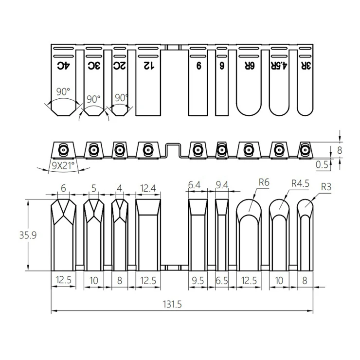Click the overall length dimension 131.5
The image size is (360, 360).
tap(172, 304)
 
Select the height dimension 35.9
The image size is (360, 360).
tap(28, 235)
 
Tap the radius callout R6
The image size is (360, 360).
tap(264, 182)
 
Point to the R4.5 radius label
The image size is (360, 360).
tap(300, 183)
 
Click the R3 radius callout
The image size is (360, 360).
tap(326, 187)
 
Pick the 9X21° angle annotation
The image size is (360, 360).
tap(63, 165)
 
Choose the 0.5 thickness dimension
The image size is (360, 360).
tap(322, 164)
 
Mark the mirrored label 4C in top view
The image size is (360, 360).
tap(63, 66)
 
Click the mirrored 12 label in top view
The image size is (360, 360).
tap(149, 66)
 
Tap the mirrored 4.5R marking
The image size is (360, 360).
tap(279, 66)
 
